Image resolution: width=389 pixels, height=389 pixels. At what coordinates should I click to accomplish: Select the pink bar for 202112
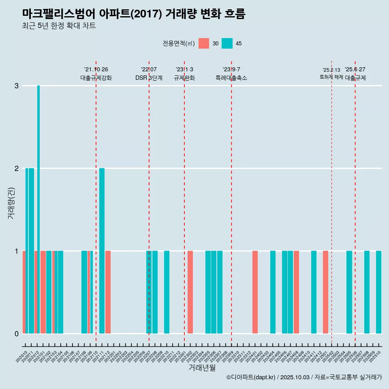click(108, 292)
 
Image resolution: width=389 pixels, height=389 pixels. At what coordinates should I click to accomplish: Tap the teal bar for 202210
click(167, 292)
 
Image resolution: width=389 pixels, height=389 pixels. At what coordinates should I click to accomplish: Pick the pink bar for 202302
click(190, 292)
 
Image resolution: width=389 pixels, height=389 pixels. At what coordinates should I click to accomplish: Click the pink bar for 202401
click(255, 292)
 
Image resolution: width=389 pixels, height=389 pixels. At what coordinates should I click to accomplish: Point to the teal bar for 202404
click(273, 292)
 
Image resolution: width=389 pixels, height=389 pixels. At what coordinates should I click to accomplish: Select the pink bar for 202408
click(296, 292)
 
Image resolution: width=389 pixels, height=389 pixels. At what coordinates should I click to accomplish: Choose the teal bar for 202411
click(314, 292)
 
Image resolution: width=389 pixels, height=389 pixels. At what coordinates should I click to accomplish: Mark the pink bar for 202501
click(325, 292)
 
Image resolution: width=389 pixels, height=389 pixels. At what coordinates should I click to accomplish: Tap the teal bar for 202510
click(378, 292)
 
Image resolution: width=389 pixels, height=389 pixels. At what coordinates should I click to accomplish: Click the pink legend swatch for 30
click(204, 43)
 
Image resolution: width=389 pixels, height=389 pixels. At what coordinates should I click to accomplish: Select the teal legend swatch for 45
click(227, 43)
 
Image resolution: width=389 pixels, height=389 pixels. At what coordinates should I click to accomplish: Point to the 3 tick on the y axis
click(17, 85)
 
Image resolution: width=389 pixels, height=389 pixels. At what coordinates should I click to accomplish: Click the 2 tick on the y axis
click(17, 168)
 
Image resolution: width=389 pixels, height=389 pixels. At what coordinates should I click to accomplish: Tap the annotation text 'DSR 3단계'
click(149, 78)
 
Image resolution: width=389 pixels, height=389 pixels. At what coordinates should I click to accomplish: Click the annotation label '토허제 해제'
click(331, 77)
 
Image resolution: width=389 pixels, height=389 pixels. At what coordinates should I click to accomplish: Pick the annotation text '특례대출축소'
click(231, 78)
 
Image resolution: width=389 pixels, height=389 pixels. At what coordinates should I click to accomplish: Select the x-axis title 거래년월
click(202, 368)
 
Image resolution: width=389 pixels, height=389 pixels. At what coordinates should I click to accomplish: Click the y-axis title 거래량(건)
click(11, 203)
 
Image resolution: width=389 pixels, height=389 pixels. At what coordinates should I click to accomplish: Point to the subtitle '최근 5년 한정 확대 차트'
click(59, 26)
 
